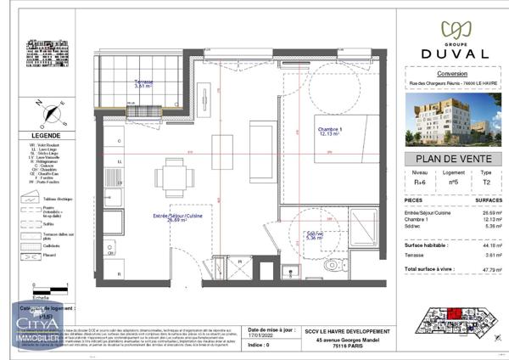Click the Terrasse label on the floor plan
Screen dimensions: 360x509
(x=143, y=83)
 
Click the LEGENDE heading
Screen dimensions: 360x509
(x=45, y=136)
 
